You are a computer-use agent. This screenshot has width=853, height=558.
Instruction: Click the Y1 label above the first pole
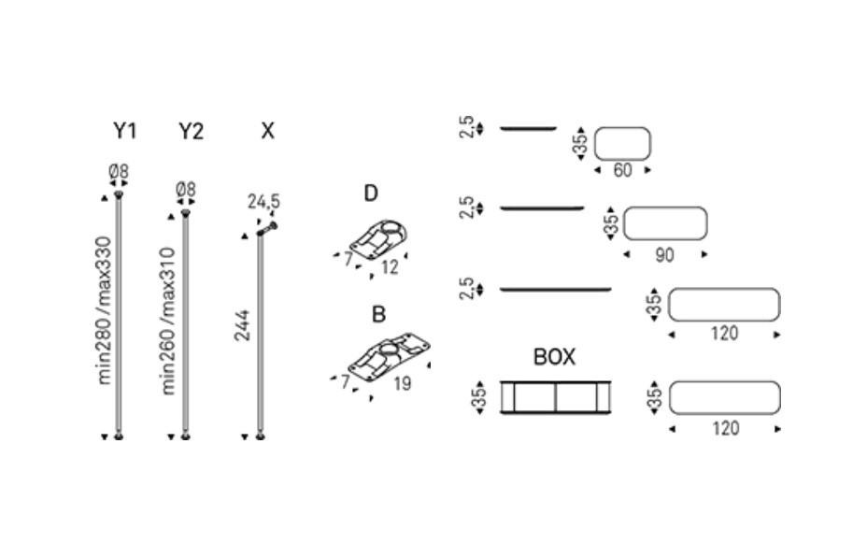coord(124,131)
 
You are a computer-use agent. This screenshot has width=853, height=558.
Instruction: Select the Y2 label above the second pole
coord(191,131)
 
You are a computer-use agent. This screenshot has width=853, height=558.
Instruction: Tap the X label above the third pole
coord(267,131)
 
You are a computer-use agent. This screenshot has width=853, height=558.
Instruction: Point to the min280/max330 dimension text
coord(104,310)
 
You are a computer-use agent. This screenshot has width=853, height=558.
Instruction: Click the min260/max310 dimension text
coord(169,322)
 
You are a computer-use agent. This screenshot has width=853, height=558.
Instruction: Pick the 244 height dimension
coord(242,325)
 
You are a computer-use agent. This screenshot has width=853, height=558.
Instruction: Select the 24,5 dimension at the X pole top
coord(263,202)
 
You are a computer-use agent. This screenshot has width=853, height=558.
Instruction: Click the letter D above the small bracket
coord(371,193)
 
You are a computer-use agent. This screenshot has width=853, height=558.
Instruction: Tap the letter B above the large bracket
coord(378,314)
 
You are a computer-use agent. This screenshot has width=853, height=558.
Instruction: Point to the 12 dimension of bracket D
coord(390,267)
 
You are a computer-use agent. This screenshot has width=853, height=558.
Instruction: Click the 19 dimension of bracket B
coord(402,384)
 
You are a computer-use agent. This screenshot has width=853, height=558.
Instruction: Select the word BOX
coord(554,357)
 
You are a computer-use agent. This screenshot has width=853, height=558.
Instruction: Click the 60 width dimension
coord(623,170)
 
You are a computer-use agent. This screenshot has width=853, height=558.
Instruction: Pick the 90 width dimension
coord(665,255)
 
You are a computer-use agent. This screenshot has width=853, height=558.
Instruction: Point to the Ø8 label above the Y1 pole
coord(119,171)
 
